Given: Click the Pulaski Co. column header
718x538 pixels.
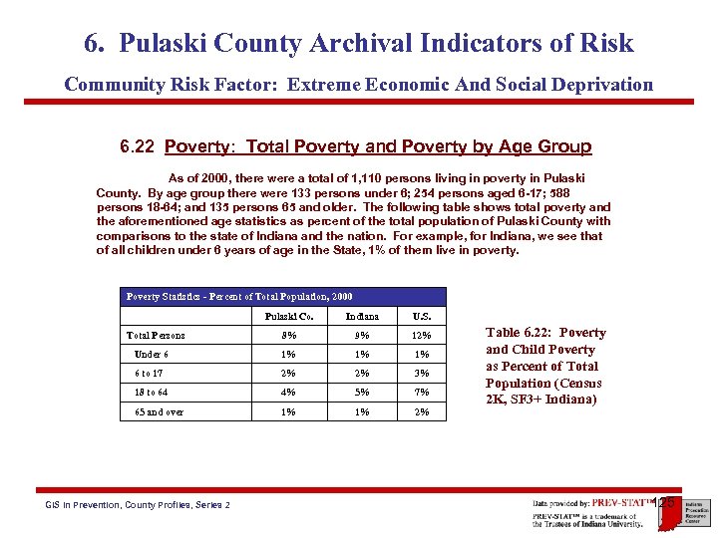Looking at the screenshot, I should (x=289, y=317).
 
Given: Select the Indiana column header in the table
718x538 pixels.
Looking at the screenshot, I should (x=361, y=317).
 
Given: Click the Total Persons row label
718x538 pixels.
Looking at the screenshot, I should (x=156, y=336).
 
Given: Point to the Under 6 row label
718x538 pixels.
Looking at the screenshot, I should (x=151, y=355).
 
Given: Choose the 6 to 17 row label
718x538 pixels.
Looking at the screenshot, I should (x=151, y=374).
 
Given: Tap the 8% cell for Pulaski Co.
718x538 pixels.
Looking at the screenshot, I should (x=289, y=336).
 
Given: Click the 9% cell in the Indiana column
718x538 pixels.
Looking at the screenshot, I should (x=361, y=336).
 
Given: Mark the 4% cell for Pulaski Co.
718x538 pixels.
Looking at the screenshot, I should (x=289, y=393).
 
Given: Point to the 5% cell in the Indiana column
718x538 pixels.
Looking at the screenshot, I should (x=361, y=393).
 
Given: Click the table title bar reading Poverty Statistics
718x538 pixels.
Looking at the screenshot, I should (x=239, y=297).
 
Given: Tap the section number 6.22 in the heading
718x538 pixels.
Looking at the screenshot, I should (x=138, y=147).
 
